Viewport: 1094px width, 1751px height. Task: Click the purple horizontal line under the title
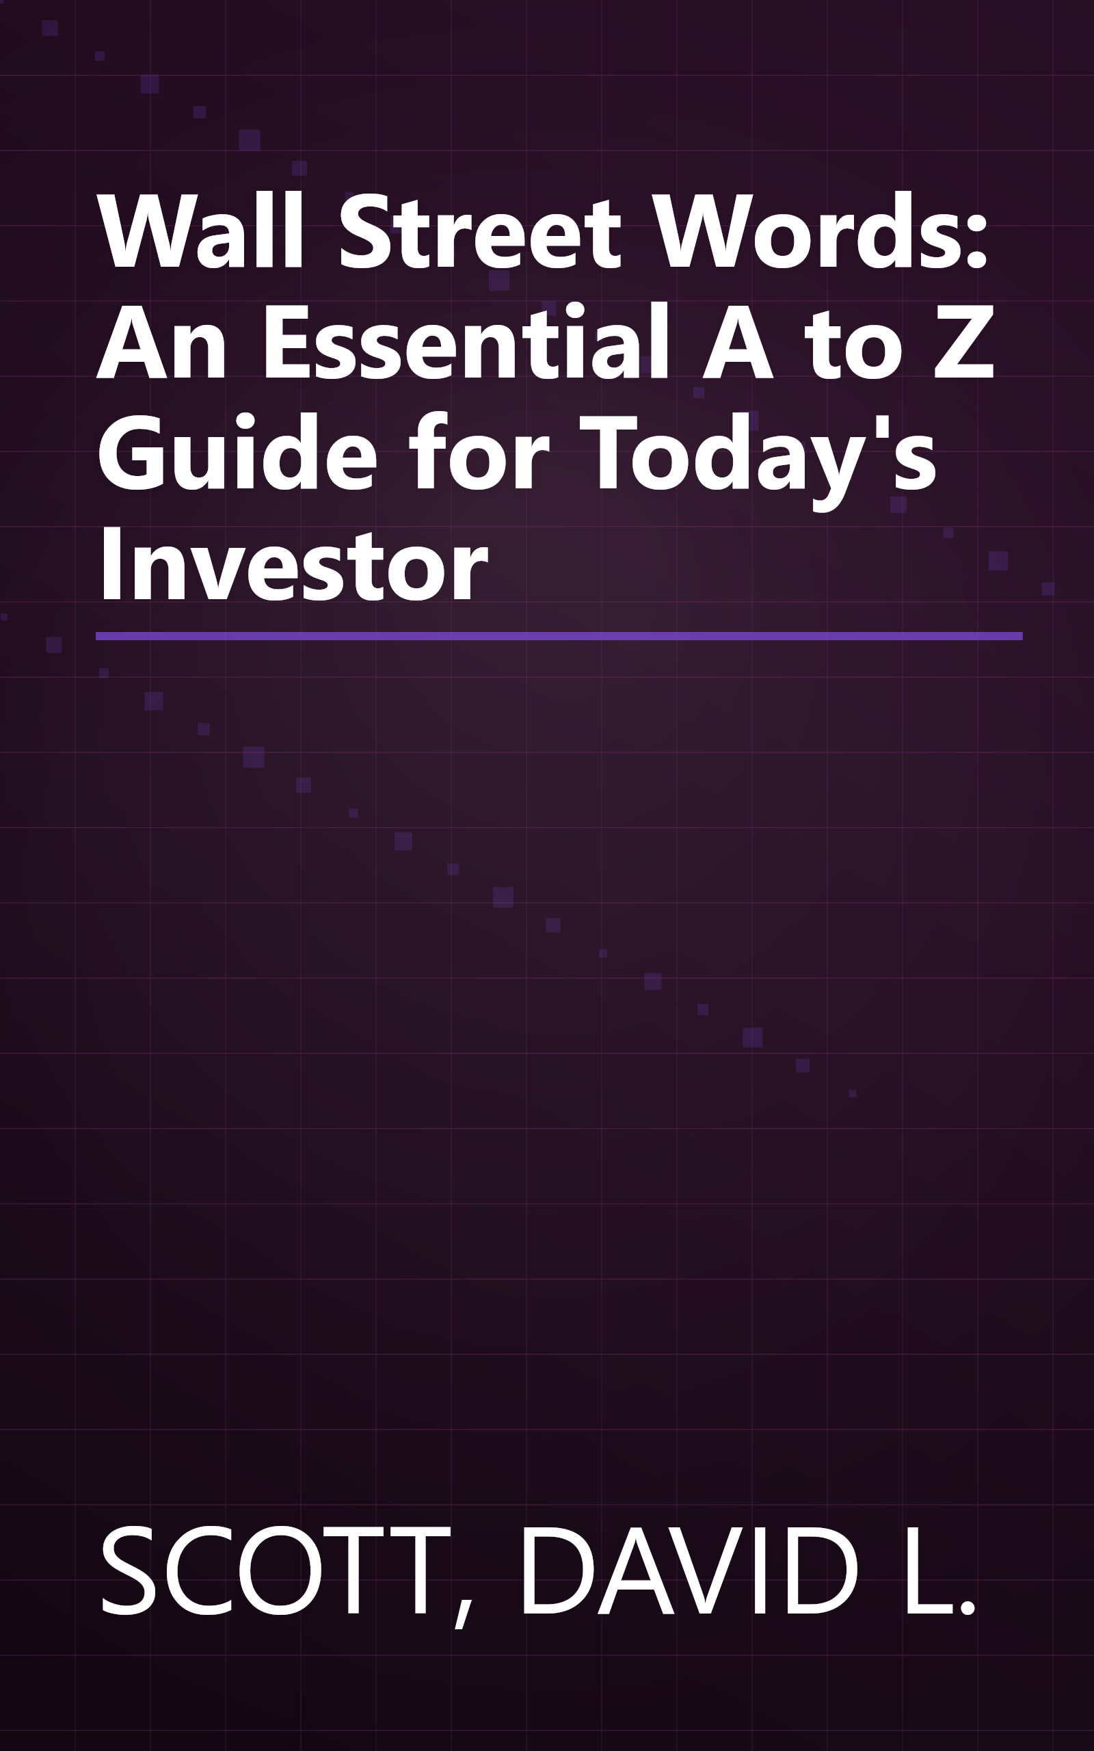coord(559,636)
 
